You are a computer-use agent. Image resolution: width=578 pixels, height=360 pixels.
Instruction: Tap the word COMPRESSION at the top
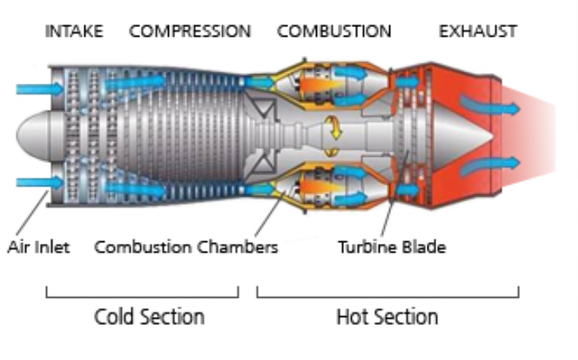(x=189, y=32)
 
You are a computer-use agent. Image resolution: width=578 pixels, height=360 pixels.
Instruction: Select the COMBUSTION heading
(x=334, y=32)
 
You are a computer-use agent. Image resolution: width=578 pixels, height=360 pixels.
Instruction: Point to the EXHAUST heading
(x=478, y=32)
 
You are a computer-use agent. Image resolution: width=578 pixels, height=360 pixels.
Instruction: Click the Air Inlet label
(x=39, y=247)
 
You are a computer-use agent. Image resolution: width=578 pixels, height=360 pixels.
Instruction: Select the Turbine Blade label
(x=391, y=247)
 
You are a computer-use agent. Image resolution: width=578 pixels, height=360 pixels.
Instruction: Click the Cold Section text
(x=149, y=316)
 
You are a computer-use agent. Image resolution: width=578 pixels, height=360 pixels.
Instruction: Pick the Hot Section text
(x=387, y=316)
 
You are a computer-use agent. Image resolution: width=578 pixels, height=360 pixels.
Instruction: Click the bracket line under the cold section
(x=142, y=296)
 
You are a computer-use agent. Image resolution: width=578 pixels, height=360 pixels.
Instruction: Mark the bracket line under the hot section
(x=387, y=296)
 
